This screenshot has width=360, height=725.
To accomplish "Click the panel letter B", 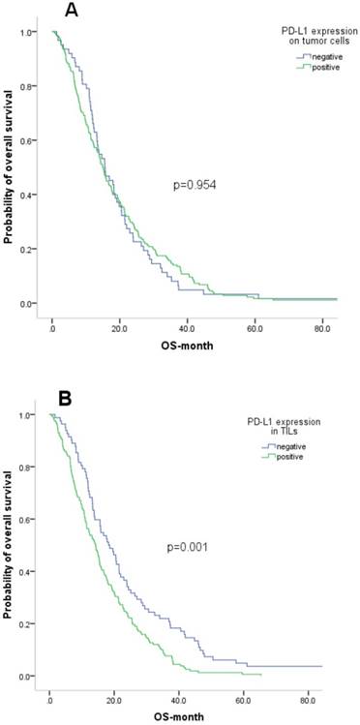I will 69,398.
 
